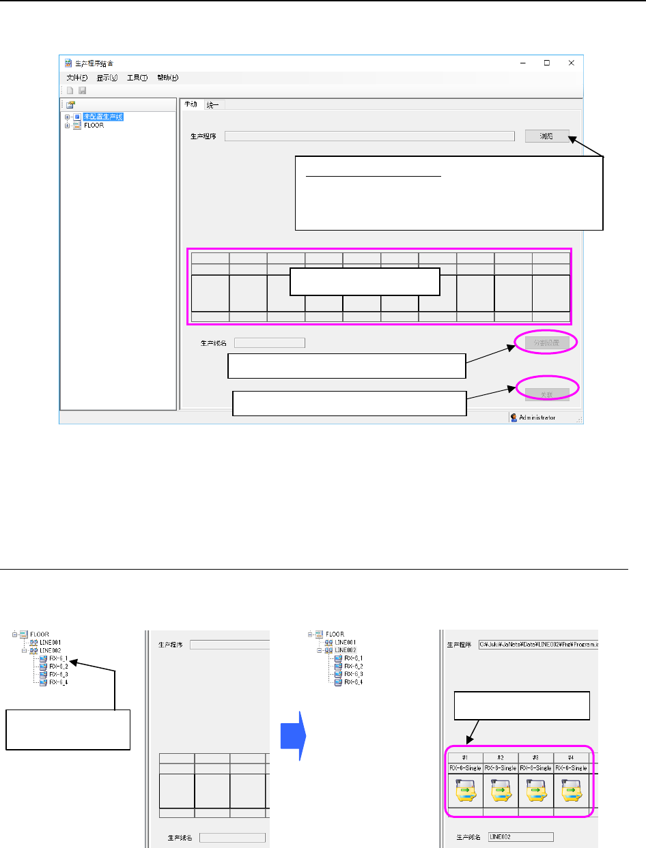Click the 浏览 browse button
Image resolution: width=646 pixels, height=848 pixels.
pos(547,136)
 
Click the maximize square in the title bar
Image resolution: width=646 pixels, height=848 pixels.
pos(547,63)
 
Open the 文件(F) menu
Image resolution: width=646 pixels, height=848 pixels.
pos(77,78)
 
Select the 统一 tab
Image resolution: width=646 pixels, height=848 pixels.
pos(214,104)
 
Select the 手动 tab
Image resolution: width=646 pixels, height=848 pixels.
pos(191,104)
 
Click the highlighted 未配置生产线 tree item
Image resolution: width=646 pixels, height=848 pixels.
pos(103,117)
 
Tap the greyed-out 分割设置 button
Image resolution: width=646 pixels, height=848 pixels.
pos(546,342)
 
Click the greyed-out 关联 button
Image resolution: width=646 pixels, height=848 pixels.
pos(546,394)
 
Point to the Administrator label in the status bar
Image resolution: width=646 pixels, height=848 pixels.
pos(537,418)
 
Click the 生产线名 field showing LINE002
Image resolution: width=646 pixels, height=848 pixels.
pos(521,837)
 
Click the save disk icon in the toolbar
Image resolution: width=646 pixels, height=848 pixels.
pos(82,91)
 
